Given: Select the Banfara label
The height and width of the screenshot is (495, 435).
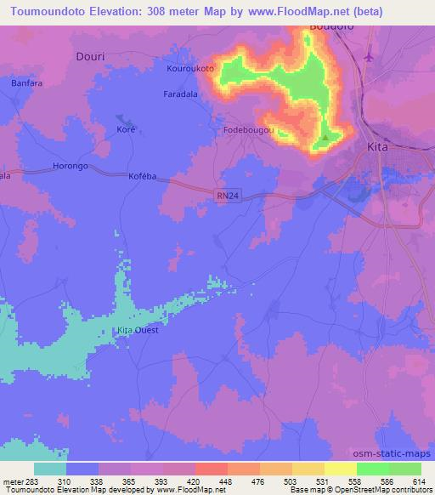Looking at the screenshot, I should click(x=25, y=83).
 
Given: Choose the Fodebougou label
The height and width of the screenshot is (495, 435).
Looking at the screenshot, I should click(x=247, y=130).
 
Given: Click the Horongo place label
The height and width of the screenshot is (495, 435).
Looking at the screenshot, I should click(x=71, y=166).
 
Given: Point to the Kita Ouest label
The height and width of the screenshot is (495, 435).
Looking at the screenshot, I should click(x=138, y=329).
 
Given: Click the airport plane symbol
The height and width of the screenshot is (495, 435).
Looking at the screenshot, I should click(x=368, y=57).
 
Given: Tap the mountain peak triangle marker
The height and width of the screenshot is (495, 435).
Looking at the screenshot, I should click(x=325, y=136).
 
